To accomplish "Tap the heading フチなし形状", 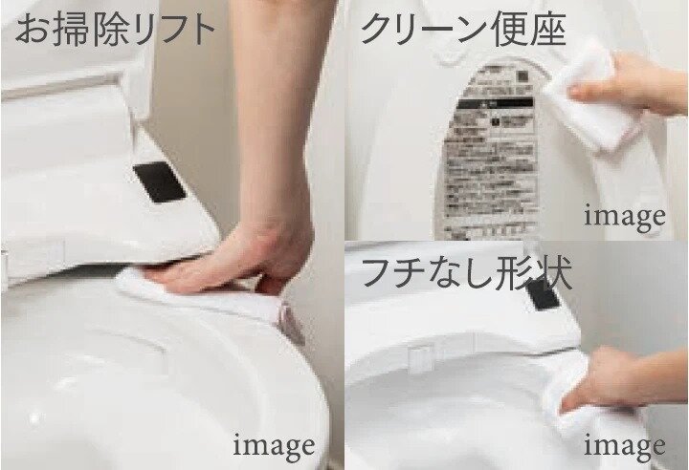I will click(x=466, y=274).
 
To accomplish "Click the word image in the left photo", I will click(x=274, y=444).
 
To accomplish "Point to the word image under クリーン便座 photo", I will click(x=624, y=216).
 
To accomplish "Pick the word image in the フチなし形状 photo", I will click(x=624, y=444).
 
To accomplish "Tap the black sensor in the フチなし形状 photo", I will click(x=544, y=294).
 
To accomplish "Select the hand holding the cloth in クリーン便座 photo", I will click(x=627, y=86).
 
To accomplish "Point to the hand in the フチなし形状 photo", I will click(x=612, y=377).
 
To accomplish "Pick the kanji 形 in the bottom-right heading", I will click(x=519, y=274).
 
